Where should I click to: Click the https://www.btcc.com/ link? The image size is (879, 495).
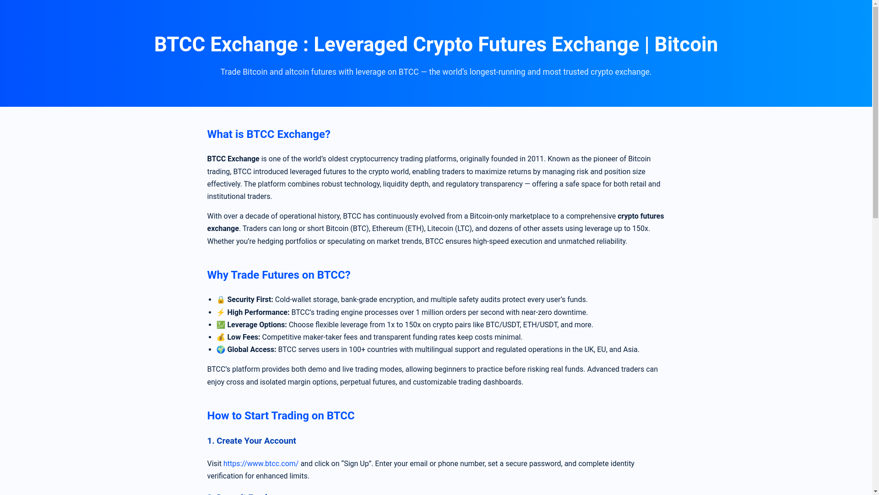click(260, 463)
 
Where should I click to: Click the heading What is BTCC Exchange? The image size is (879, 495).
click(268, 134)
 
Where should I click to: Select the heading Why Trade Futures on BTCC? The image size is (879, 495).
click(278, 275)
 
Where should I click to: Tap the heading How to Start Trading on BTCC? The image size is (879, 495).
click(280, 416)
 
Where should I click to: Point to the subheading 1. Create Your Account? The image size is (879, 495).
click(251, 440)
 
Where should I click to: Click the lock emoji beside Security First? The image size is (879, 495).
click(221, 300)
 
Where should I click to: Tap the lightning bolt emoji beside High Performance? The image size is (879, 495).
click(221, 312)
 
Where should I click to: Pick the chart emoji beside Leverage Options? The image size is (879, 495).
click(221, 324)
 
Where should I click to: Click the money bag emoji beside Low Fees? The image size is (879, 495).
click(221, 337)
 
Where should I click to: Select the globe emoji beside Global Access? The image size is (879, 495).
click(221, 349)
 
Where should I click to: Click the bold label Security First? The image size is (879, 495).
click(250, 299)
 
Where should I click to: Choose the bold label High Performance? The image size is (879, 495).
click(258, 312)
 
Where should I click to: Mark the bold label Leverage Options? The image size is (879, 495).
click(257, 324)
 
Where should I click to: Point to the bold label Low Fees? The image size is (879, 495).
click(244, 337)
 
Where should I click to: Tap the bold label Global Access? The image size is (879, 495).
click(251, 349)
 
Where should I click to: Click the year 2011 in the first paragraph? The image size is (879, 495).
click(535, 159)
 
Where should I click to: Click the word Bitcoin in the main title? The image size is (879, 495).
click(686, 44)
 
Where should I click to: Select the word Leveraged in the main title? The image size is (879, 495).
click(360, 44)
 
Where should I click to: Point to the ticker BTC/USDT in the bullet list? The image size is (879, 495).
click(502, 324)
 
